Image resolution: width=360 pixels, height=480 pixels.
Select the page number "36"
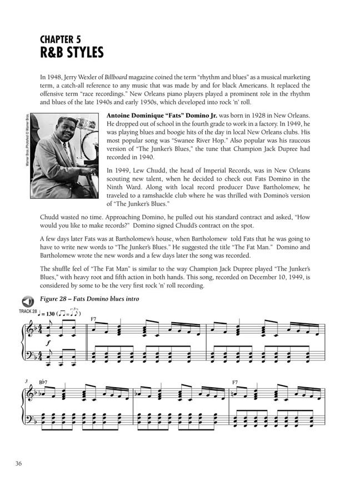19,464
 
